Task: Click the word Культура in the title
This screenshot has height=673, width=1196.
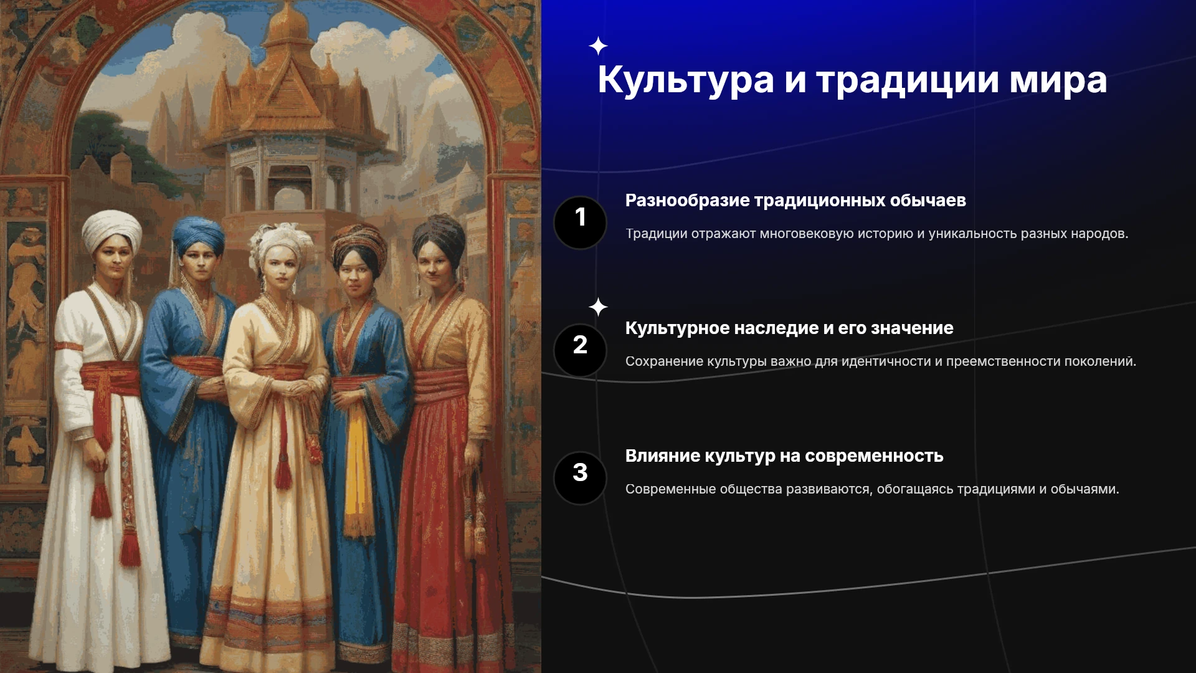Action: (685, 80)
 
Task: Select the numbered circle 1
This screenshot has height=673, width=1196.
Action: (580, 222)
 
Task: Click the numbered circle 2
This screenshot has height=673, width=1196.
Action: (580, 350)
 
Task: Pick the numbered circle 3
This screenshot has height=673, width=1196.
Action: (580, 478)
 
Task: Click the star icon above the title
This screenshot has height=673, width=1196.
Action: (598, 46)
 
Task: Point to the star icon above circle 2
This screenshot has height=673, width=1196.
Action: (598, 307)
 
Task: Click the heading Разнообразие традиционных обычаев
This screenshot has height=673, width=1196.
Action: (795, 201)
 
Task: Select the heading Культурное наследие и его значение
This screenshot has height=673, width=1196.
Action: (789, 328)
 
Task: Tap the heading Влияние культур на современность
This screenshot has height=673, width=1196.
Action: (784, 456)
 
